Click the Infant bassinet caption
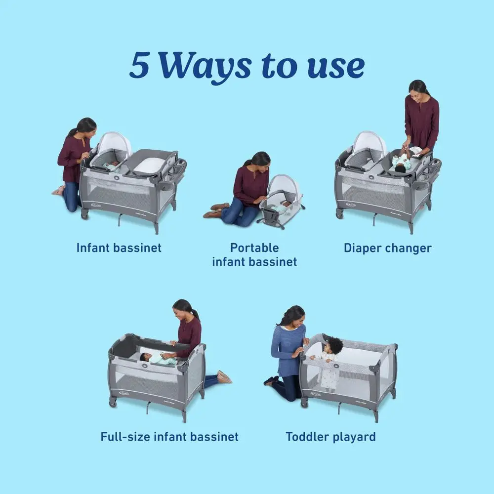pyautogui.click(x=119, y=247)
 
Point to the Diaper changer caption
pyautogui.click(x=387, y=248)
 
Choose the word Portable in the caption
pyautogui.click(x=254, y=247)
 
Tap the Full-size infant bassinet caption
pyautogui.click(x=169, y=437)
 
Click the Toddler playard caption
pyautogui.click(x=330, y=437)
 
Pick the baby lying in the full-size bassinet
pyautogui.click(x=158, y=358)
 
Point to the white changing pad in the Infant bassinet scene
pyautogui.click(x=149, y=165)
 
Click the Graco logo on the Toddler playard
pyautogui.click(x=316, y=394)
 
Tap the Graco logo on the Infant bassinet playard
pyautogui.click(x=96, y=205)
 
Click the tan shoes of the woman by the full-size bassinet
pyautogui.click(x=224, y=377)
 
